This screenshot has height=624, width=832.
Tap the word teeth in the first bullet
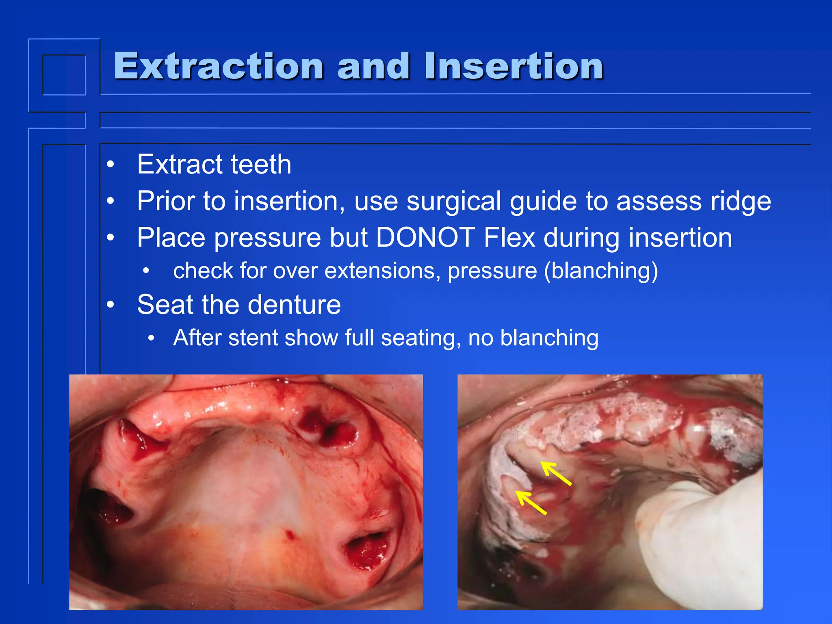[x=261, y=165]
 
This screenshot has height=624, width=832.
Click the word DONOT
[x=425, y=238]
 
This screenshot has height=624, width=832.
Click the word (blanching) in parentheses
[x=601, y=271]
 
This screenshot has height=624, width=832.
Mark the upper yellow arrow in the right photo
[x=556, y=473]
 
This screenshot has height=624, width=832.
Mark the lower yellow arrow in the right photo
[x=531, y=503]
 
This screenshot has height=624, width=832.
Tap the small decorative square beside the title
[x=64, y=75]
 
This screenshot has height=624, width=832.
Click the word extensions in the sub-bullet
[x=382, y=271]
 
